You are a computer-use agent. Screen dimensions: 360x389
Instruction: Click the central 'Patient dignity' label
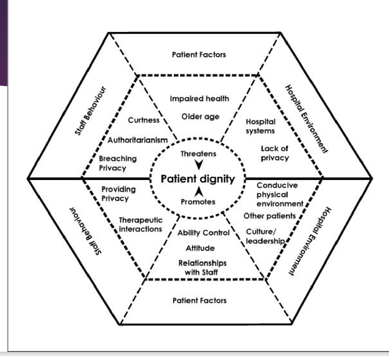[198, 179]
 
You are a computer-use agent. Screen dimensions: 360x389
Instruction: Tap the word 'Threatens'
[198, 154]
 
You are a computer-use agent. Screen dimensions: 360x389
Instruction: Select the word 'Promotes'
[198, 202]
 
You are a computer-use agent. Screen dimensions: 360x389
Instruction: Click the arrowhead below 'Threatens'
[199, 164]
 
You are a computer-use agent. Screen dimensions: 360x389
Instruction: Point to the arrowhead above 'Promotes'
[198, 191]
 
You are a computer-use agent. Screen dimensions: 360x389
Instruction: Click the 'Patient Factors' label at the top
[199, 55]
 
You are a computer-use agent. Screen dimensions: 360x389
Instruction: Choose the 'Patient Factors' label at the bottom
[199, 301]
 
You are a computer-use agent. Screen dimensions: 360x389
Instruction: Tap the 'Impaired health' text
[199, 99]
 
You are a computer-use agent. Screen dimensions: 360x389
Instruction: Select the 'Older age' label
[200, 117]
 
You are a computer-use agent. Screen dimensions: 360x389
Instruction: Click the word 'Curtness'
[144, 120]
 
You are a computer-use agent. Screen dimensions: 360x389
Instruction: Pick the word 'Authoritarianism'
[138, 140]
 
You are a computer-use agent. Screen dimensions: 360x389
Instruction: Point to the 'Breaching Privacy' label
[117, 163]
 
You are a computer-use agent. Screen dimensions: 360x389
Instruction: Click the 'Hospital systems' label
[260, 126]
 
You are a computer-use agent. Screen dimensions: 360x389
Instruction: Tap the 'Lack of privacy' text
[275, 153]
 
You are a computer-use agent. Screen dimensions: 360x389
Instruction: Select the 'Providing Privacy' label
[118, 194]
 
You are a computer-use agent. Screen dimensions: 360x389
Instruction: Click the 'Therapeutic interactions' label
[140, 225]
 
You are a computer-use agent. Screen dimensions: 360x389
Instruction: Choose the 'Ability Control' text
[203, 233]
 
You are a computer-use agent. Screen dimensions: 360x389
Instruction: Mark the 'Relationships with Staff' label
[202, 267]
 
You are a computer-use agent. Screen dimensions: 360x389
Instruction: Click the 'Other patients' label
[270, 216]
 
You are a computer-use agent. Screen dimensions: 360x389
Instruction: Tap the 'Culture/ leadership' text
[265, 236]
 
